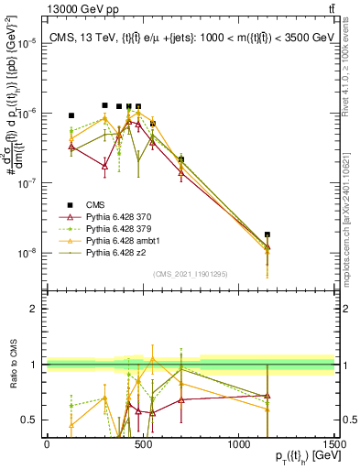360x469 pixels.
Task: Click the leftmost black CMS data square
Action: coord(71,115)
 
